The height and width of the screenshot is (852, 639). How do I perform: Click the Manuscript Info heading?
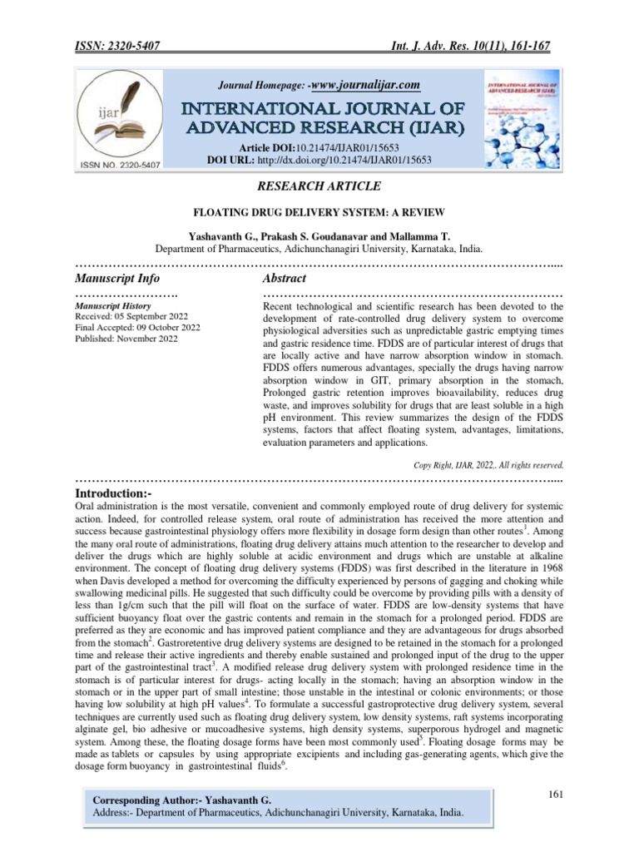[x=117, y=278]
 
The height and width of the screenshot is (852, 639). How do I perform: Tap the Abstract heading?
[x=284, y=278]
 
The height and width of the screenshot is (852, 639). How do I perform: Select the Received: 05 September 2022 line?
[x=131, y=317]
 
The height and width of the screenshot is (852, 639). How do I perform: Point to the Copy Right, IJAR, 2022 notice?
[x=488, y=465]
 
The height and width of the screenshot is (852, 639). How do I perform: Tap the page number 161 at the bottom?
[x=556, y=795]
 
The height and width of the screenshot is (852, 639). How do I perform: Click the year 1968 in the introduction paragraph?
[x=547, y=586]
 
